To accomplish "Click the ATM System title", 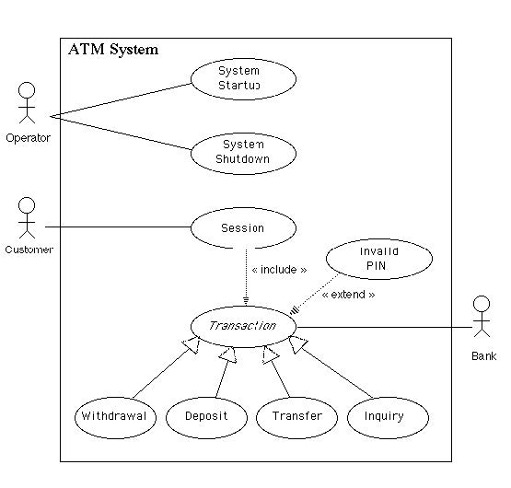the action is point(113,50).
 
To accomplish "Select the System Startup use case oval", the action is point(243,79).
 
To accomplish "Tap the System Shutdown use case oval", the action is point(243,153).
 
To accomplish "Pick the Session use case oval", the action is point(243,227).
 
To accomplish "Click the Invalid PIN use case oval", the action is point(379,259).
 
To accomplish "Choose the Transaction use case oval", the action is point(243,327).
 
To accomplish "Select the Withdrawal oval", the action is point(115,418).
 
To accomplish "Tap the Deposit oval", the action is point(206,418).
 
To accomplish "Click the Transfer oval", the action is point(296,418).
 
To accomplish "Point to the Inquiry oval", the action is point(388,418).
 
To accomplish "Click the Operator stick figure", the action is point(27,103).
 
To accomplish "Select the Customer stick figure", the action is point(27,217).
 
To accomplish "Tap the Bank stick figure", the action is point(482,316).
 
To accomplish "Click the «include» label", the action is point(279,270).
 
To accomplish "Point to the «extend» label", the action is point(348,295).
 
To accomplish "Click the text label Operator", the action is point(28,138).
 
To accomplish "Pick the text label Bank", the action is point(484,356).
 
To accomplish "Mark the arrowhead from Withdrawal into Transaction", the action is point(192,345).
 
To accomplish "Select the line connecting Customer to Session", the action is point(118,227).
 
